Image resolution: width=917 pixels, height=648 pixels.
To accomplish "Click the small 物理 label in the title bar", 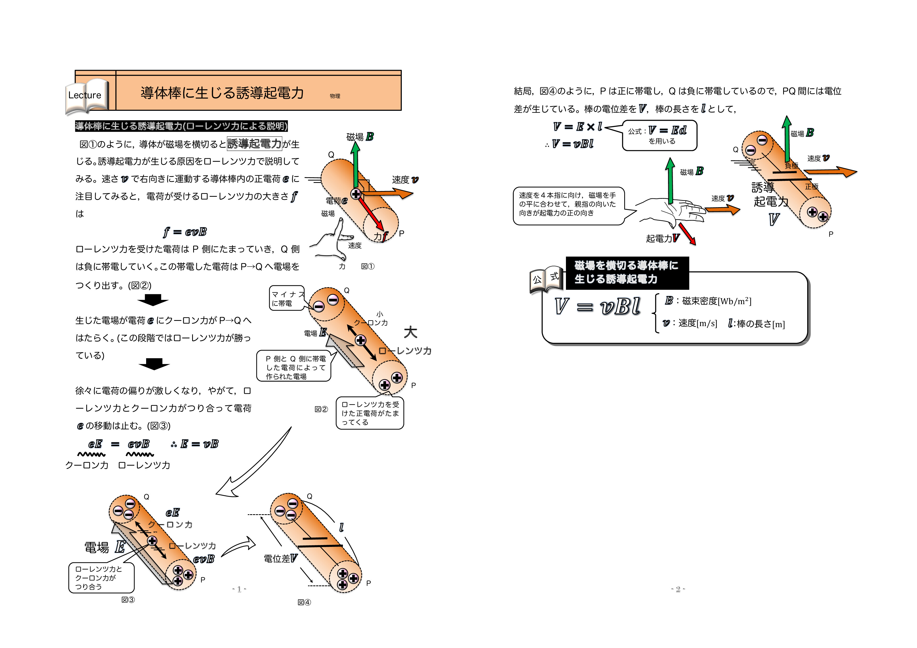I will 335,96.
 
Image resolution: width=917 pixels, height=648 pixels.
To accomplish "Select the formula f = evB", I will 185,232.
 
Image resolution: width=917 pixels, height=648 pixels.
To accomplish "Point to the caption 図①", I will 368,266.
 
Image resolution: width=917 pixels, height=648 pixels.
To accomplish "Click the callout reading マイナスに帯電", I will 286,298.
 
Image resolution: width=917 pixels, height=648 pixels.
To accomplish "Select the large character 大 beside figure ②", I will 410,332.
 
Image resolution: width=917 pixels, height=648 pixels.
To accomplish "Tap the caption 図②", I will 321,409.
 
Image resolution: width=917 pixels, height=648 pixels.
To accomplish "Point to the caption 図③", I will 128,600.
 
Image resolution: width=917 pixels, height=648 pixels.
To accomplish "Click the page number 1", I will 239,589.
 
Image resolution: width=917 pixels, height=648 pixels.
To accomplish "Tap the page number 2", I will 678,589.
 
